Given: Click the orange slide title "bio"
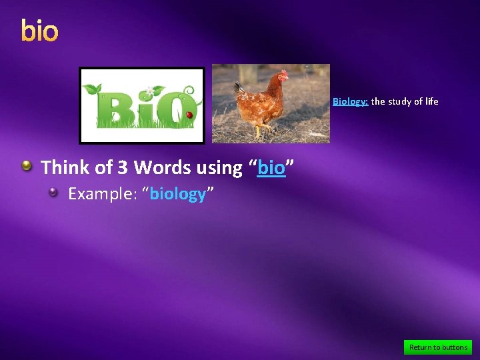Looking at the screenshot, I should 39,31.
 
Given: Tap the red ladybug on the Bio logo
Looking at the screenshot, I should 189,115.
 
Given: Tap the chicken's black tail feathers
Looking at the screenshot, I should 238,87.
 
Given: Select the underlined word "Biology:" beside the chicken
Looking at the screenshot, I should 351,102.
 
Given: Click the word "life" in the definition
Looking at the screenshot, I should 432,102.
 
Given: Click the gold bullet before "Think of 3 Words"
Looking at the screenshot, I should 27,166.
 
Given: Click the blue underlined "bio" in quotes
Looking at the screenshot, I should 271,168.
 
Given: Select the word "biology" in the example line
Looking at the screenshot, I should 177,194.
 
